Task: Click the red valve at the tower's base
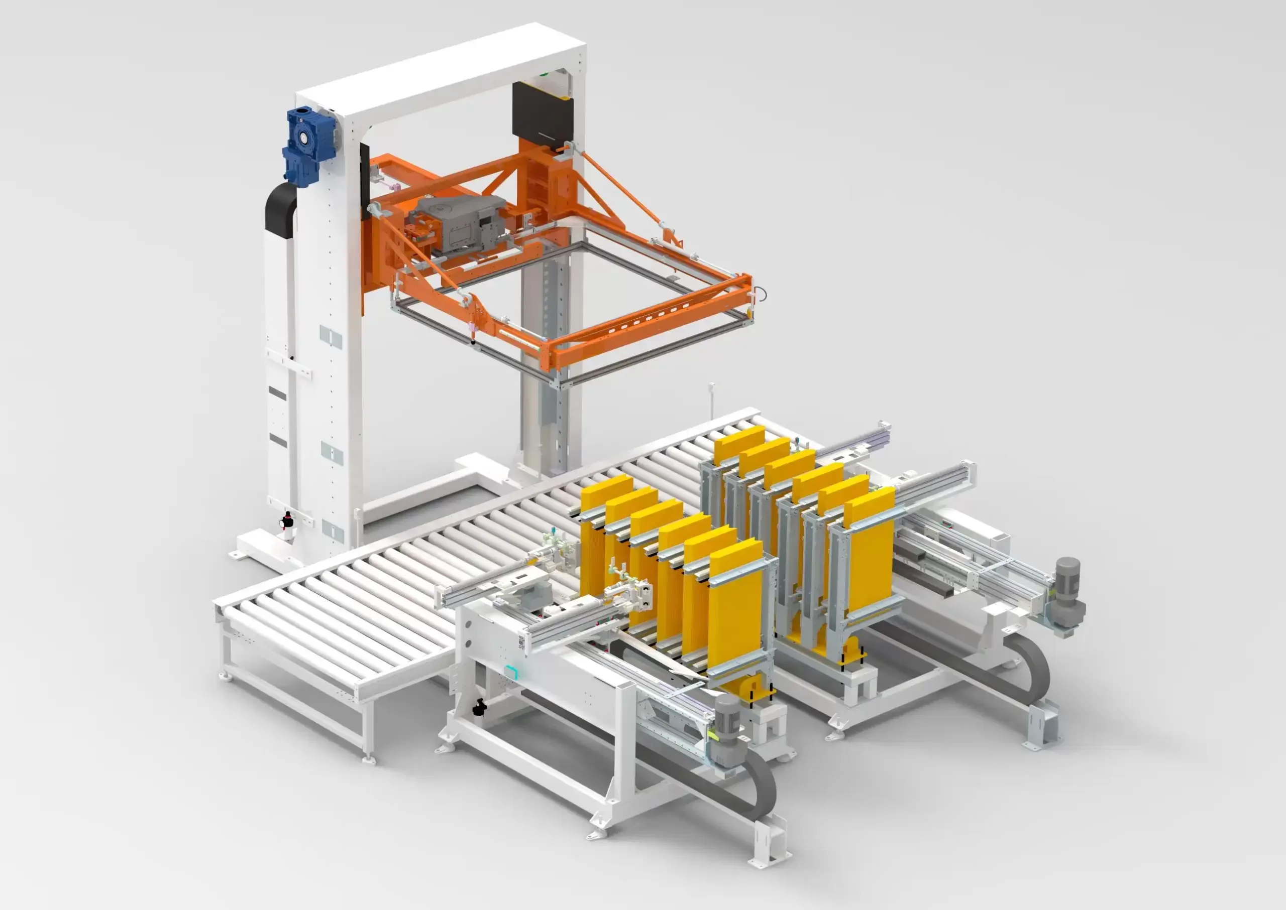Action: pos(287,521)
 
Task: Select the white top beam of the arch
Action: pos(443,67)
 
